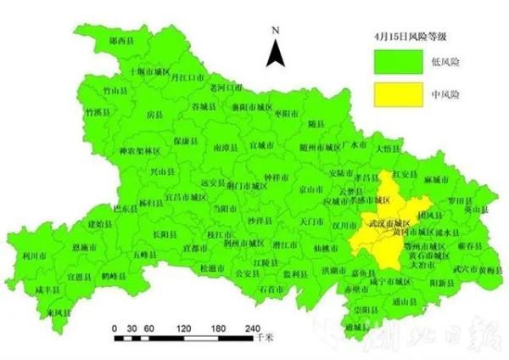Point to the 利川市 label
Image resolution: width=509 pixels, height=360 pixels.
(35, 254)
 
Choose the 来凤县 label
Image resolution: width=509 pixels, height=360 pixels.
(58, 312)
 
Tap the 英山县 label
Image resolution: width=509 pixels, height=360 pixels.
(478, 208)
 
